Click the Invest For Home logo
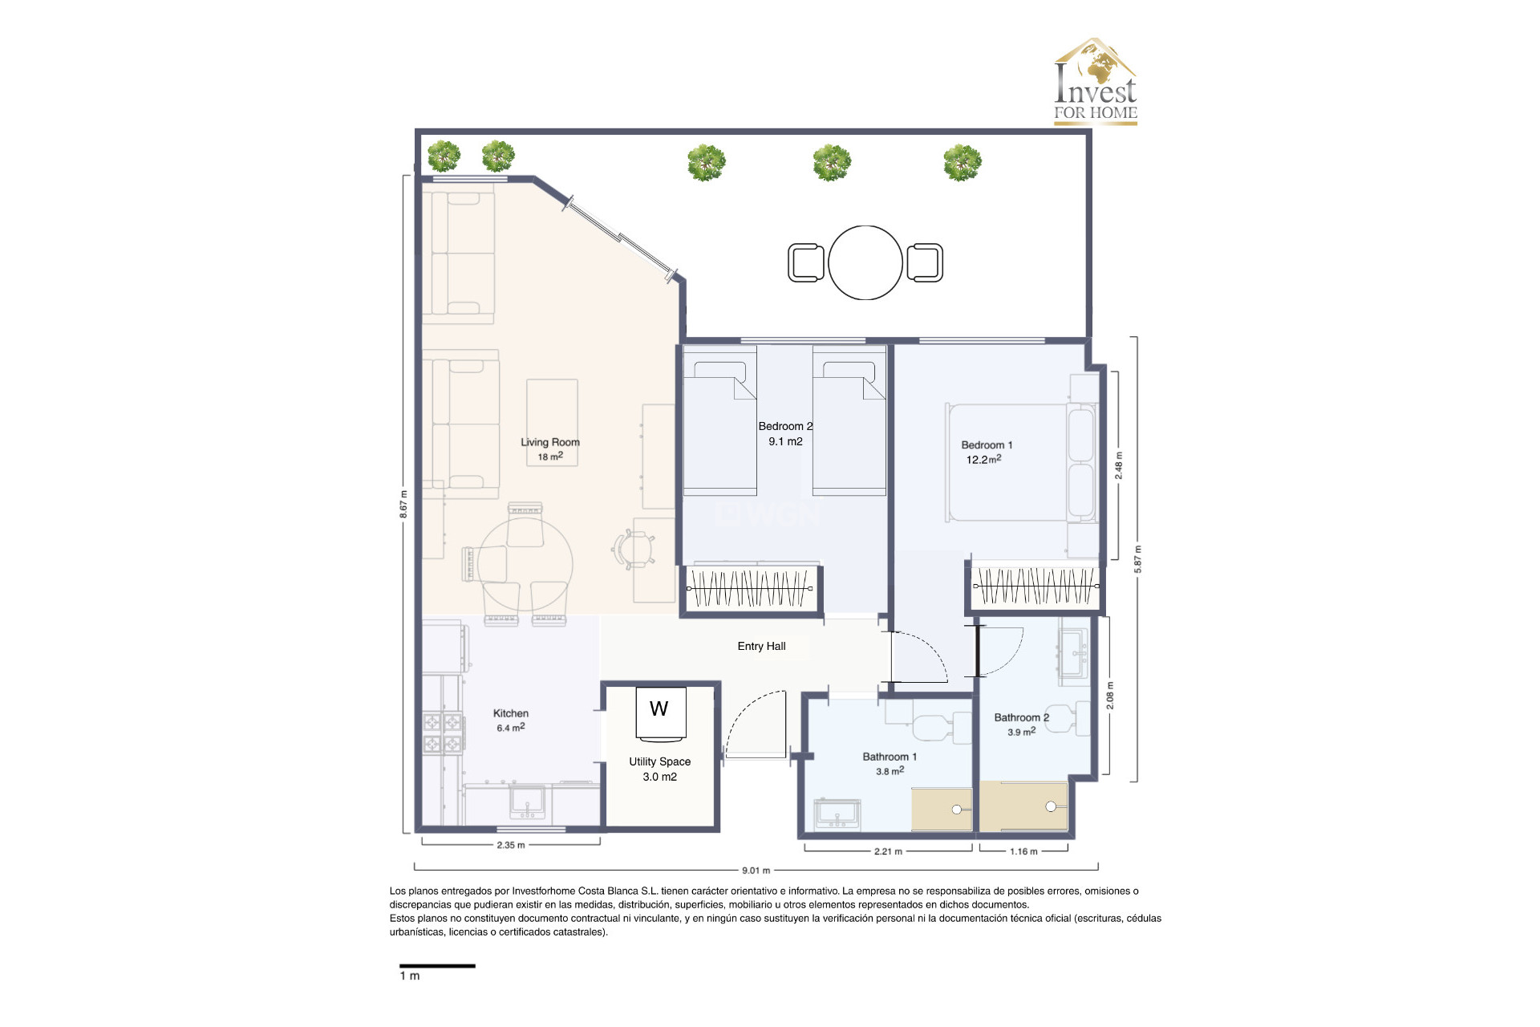(x=1095, y=82)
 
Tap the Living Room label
(x=549, y=442)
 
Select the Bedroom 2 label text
(x=784, y=426)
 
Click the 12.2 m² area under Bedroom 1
(x=983, y=460)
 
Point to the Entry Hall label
(x=761, y=646)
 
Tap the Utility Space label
(x=659, y=761)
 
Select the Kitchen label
(x=510, y=713)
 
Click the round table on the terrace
(x=865, y=262)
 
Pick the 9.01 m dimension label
(x=756, y=870)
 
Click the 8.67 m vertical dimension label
(x=403, y=504)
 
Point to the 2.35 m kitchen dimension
(x=510, y=845)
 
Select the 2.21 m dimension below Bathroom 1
(x=888, y=851)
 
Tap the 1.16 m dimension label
(x=1023, y=851)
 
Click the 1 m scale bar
(x=437, y=966)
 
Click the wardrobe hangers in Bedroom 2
(x=749, y=588)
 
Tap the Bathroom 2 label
(x=1021, y=717)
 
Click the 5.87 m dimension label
(x=1137, y=559)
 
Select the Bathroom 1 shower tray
(x=942, y=809)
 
